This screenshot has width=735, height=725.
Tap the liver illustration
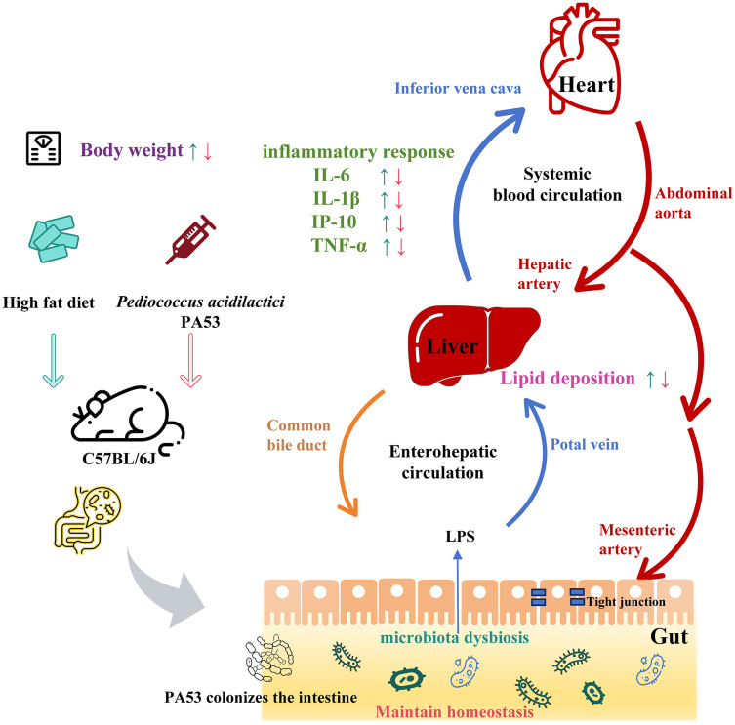point(473,345)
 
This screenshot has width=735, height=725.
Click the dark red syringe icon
point(190,239)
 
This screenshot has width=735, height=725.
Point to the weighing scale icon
point(43,148)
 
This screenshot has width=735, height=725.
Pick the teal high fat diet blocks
point(54,239)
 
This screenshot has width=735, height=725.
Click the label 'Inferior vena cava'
point(458,88)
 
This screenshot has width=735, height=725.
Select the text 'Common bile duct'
point(299,435)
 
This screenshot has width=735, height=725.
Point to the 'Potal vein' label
point(584,444)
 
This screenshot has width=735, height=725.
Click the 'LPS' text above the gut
point(460,536)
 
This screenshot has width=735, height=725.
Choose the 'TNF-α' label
point(339,245)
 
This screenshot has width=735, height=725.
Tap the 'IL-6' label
point(332,175)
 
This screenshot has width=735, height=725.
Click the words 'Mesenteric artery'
point(637,540)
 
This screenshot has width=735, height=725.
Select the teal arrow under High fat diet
point(54,360)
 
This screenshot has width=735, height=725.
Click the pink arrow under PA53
point(190,360)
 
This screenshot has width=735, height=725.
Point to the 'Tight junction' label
point(626,602)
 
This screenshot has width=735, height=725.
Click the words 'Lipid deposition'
point(567,379)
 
